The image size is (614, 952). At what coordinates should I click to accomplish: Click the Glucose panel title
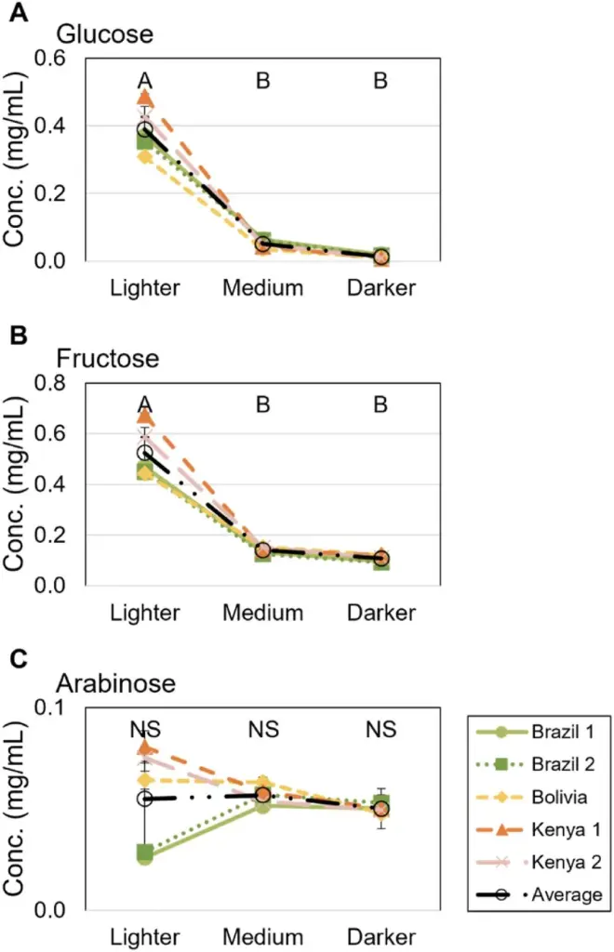pos(104,34)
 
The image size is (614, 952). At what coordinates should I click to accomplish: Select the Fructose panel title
pos(107,358)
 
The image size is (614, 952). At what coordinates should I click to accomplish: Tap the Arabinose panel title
pos(116,683)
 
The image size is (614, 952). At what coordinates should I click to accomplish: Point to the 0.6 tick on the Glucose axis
pos(51,58)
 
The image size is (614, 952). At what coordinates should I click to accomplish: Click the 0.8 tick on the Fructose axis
pos(51,382)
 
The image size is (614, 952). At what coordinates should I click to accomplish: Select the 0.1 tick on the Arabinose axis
pos(51,707)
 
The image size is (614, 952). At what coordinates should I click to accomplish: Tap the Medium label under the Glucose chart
pos(262,287)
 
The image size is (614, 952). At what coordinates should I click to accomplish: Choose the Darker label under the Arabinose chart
pos(380,935)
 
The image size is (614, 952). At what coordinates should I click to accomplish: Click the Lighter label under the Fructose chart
pos(144,613)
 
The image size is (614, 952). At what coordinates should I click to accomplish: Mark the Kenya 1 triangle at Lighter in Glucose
pos(145,98)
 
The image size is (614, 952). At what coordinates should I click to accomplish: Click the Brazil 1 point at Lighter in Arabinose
pos(145,856)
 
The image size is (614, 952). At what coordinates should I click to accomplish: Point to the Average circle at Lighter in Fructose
pos(145,453)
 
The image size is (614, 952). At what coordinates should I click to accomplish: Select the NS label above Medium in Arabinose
pos(263,730)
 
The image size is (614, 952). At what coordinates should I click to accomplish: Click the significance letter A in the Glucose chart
pos(145,81)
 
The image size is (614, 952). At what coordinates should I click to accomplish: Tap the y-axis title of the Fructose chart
pos(16,483)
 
